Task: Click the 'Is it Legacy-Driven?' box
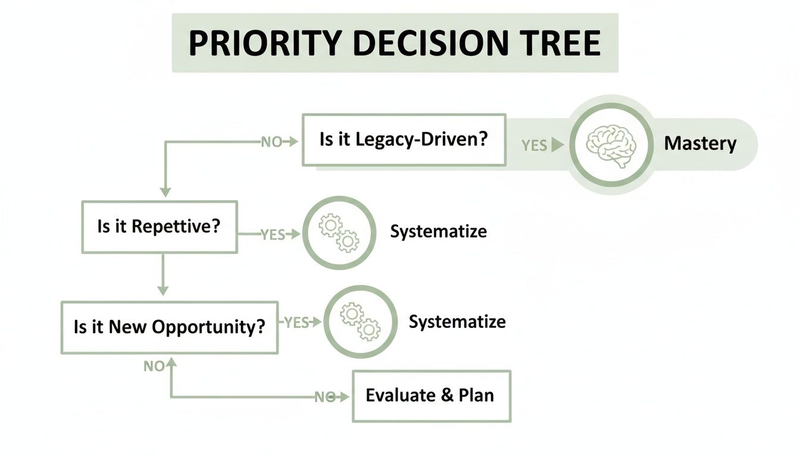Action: [404, 140]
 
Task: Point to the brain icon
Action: [611, 145]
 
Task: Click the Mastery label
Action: [700, 144]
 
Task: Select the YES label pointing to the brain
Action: [534, 145]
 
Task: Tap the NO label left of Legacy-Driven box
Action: [271, 142]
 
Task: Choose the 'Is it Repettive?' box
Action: [159, 227]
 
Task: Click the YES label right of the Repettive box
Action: [273, 234]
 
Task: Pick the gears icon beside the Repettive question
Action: [339, 233]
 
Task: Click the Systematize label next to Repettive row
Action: [438, 231]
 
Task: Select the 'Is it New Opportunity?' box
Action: [170, 327]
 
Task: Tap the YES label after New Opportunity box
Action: [296, 323]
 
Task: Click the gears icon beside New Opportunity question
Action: [360, 321]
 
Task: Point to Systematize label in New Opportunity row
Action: [457, 322]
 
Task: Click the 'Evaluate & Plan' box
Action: [431, 396]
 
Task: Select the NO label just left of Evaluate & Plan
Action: [324, 397]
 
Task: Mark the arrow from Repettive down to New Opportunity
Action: [162, 274]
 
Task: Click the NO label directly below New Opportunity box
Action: [154, 367]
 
